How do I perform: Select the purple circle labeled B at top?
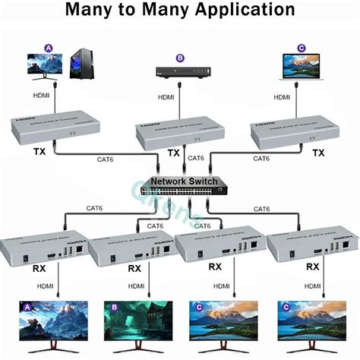tap(180, 57)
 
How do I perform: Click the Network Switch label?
tap(184, 182)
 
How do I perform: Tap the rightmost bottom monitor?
tap(310, 325)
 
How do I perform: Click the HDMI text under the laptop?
tap(282, 97)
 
